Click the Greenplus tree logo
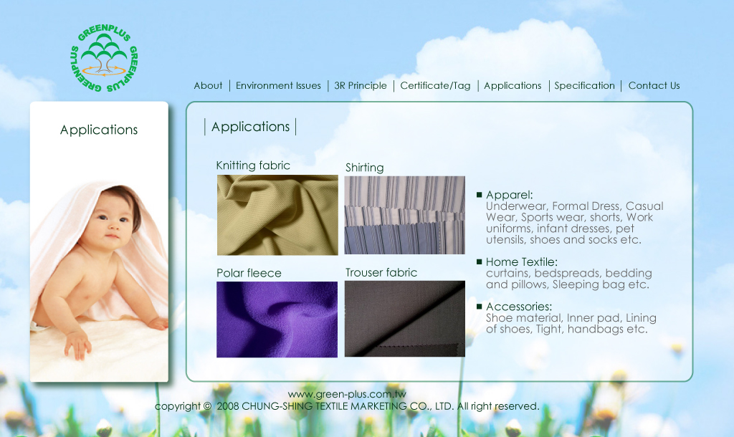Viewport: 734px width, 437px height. coord(104,58)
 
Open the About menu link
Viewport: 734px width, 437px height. coord(209,86)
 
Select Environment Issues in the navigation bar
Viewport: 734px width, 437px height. coord(278,86)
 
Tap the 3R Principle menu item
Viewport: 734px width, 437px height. coord(361,86)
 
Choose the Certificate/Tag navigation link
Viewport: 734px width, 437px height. coord(435,86)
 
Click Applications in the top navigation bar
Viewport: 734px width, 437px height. coord(513,86)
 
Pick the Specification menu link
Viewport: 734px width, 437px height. coord(585,86)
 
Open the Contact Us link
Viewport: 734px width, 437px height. coord(654,86)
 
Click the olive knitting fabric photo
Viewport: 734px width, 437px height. coord(277,215)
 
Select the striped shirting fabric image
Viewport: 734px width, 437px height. coord(405,215)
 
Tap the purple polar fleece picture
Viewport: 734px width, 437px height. coord(277,320)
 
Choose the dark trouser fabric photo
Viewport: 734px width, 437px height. coord(405,319)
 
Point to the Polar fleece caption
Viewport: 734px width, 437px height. coord(249,273)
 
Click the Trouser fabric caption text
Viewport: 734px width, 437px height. coord(381,272)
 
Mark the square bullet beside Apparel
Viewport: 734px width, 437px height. coord(479,195)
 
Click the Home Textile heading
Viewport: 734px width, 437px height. coord(522,262)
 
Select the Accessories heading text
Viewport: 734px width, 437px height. coord(519,307)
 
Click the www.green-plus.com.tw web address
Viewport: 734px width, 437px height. coord(348,394)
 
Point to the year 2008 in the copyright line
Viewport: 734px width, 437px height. coord(228,406)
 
